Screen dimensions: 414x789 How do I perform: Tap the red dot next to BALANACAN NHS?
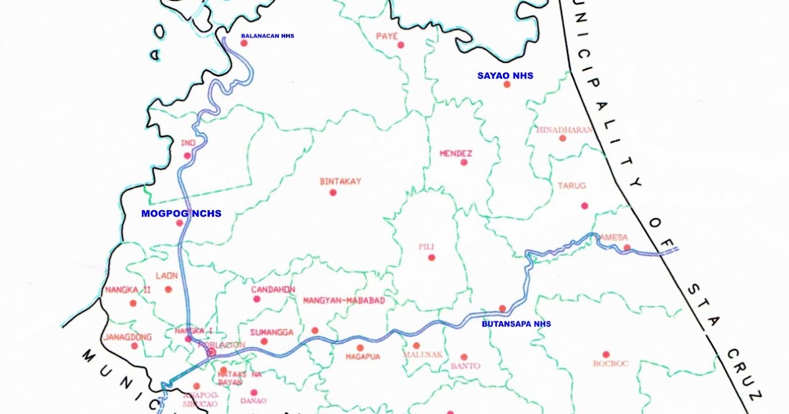[x=243, y=43]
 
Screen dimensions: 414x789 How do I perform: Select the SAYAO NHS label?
[x=505, y=76]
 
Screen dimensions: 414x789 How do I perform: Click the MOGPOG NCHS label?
[x=181, y=214]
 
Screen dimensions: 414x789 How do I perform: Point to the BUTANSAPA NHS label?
[x=516, y=324]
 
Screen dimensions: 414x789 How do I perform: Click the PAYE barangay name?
[x=387, y=36]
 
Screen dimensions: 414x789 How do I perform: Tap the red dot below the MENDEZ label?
[x=464, y=162]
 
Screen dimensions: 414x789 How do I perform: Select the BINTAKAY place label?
[x=340, y=181]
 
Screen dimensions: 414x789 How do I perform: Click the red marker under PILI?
[x=431, y=258]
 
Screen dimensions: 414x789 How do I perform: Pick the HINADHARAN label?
[x=563, y=129]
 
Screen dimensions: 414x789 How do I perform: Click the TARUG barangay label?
[x=571, y=186]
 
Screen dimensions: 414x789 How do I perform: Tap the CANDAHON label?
[x=273, y=289]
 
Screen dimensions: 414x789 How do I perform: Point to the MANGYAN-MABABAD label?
[x=343, y=301]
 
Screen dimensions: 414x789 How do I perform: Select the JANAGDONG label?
[x=128, y=337]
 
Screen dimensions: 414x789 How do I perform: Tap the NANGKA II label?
[x=128, y=290]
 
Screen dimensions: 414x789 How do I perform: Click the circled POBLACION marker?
[x=212, y=353]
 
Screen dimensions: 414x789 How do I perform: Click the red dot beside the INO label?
[x=187, y=156]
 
